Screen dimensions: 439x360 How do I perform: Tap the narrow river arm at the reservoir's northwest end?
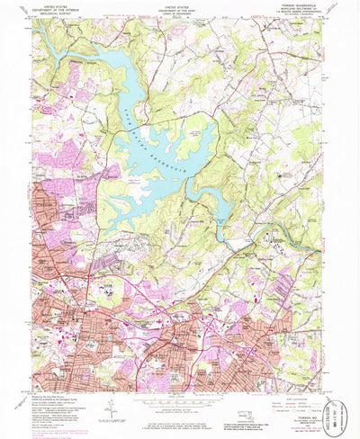tap(54, 56)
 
